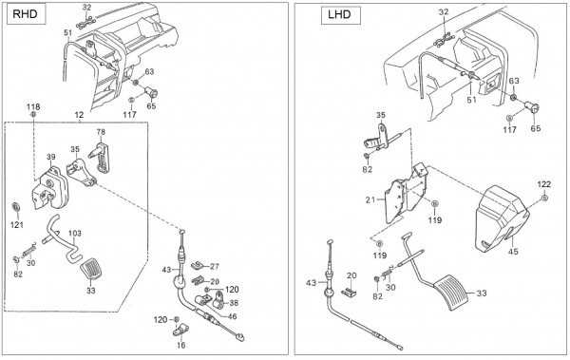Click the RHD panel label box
pyautogui.click(x=27, y=15)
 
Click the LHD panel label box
pyautogui.click(x=341, y=15)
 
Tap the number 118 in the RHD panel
pyautogui.click(x=33, y=107)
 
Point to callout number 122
pyautogui.click(x=543, y=184)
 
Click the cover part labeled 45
pyautogui.click(x=502, y=218)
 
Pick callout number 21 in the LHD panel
pyautogui.click(x=370, y=199)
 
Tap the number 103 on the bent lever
pyautogui.click(x=75, y=234)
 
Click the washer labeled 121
pyautogui.click(x=16, y=207)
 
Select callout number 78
pyautogui.click(x=101, y=132)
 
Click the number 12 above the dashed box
pyautogui.click(x=79, y=115)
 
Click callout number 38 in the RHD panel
pyautogui.click(x=234, y=303)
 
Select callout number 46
pyautogui.click(x=232, y=316)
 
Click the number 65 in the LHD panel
pyautogui.click(x=536, y=129)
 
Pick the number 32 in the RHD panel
pyautogui.click(x=86, y=8)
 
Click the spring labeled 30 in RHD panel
pyautogui.click(x=29, y=251)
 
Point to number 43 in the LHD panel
pyautogui.click(x=312, y=282)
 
